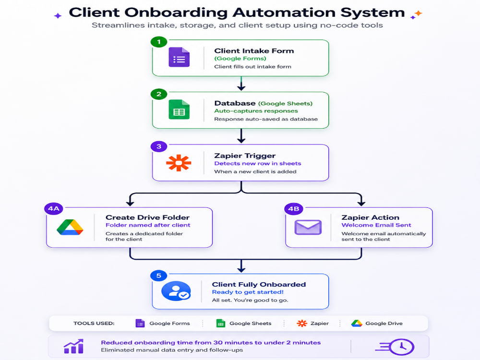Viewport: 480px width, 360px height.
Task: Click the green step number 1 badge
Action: tap(159, 42)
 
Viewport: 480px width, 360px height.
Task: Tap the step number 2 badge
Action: tap(159, 94)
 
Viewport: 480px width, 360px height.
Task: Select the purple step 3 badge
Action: tap(159, 146)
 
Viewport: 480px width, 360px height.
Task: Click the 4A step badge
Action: tap(54, 209)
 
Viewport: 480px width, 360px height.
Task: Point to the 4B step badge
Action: tap(294, 209)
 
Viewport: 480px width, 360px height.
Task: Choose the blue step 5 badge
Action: tap(158, 276)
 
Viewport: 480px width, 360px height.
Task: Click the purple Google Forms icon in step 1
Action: tap(179, 57)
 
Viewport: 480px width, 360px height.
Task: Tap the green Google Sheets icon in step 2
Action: tap(179, 109)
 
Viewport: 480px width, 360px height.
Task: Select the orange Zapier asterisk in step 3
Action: tap(179, 163)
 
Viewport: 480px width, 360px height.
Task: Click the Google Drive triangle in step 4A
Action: tap(70, 227)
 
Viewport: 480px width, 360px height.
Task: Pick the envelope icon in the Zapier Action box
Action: tap(308, 228)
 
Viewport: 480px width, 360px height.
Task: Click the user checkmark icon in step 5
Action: tap(176, 291)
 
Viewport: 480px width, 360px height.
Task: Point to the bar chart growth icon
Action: tap(73, 346)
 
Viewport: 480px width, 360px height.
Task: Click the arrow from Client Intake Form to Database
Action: tap(241, 83)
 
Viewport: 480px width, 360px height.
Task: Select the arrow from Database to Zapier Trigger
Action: tap(241, 136)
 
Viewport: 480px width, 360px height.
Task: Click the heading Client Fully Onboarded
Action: tap(259, 284)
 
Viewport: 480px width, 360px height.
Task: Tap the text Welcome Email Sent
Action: tap(376, 225)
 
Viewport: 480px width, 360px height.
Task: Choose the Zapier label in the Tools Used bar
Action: tap(320, 323)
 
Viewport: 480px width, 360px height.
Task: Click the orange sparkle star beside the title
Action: tap(419, 13)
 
